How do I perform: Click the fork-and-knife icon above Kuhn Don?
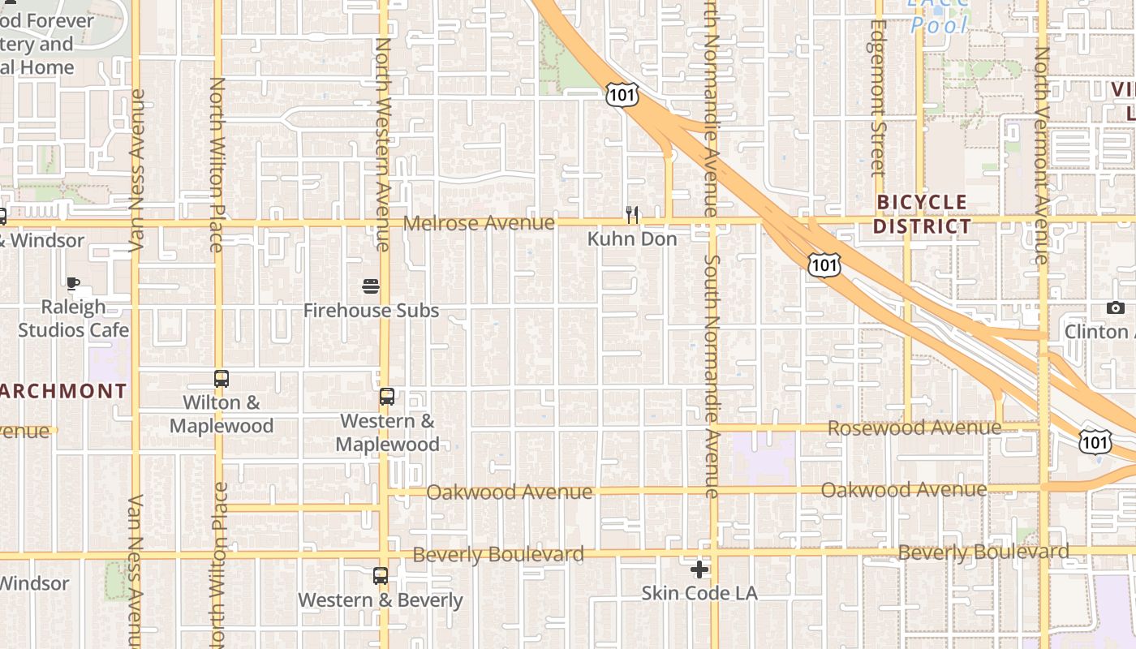(632, 214)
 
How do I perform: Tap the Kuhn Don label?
(632, 239)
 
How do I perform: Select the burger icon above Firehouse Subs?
(371, 286)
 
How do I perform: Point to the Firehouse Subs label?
(371, 311)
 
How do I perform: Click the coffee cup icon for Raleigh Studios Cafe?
(73, 283)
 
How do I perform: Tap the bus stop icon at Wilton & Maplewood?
(221, 378)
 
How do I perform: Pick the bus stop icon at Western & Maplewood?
(387, 397)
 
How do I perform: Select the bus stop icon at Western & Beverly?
(381, 576)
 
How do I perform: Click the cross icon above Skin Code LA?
(699, 569)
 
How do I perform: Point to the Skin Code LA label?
(699, 593)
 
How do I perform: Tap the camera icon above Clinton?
(1116, 307)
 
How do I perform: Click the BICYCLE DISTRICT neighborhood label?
(922, 214)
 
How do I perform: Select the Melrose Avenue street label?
(479, 222)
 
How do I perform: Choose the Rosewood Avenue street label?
(914, 428)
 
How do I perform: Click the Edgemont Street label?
(877, 97)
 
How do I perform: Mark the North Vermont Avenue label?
(1042, 154)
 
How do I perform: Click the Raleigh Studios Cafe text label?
(73, 319)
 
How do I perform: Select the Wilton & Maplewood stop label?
(222, 414)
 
